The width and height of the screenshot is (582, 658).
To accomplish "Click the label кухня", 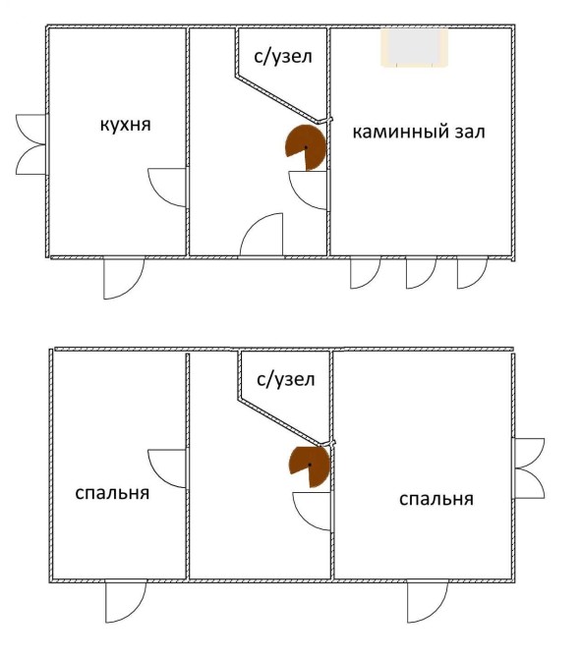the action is point(125,125).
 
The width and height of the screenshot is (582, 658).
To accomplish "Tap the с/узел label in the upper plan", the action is point(283,56).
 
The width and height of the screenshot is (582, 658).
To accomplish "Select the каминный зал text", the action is point(419,132).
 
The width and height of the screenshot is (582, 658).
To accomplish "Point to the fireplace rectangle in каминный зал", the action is point(414,47).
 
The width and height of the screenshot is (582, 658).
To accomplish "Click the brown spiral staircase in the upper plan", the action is point(306,147).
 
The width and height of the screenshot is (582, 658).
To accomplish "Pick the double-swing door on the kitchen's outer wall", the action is point(31,144).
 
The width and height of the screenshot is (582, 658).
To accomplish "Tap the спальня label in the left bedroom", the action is point(112,492).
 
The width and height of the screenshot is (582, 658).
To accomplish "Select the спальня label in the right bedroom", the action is point(436,499).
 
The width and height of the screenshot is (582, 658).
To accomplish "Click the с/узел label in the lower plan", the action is point(286,379).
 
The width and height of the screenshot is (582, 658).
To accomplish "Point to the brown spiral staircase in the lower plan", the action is point(310,465).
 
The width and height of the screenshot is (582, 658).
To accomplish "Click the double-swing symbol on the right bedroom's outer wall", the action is point(530,467).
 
